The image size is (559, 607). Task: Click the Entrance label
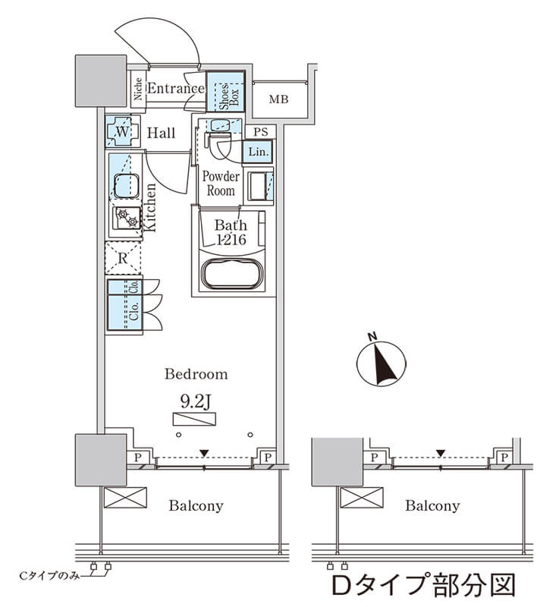[x=175, y=89]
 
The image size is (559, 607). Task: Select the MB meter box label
[x=278, y=99]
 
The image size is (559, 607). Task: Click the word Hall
[x=161, y=134]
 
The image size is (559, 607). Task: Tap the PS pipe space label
[x=260, y=131]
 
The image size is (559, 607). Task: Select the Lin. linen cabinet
[x=257, y=153]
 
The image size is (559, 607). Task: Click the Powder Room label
[x=220, y=184]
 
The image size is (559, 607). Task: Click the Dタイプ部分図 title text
[x=423, y=586]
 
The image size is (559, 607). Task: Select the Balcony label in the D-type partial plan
[x=432, y=506]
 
